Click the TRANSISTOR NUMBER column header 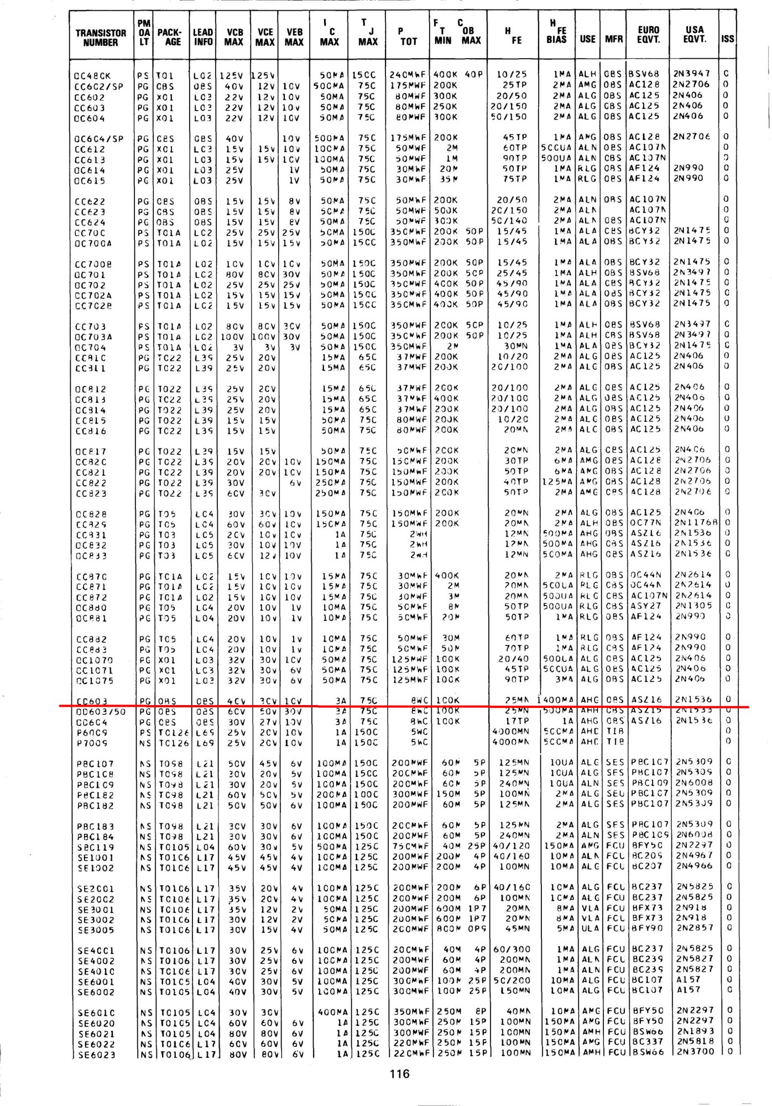click(x=100, y=37)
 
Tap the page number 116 click(x=399, y=1073)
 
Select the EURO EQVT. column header click(x=648, y=34)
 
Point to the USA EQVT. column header click(x=694, y=34)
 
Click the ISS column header click(x=727, y=39)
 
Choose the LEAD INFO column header click(x=203, y=37)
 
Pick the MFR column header click(x=613, y=39)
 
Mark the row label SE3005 click(x=96, y=930)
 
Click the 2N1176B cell click(x=696, y=522)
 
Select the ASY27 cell click(x=646, y=606)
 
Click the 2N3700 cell click(x=695, y=1052)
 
